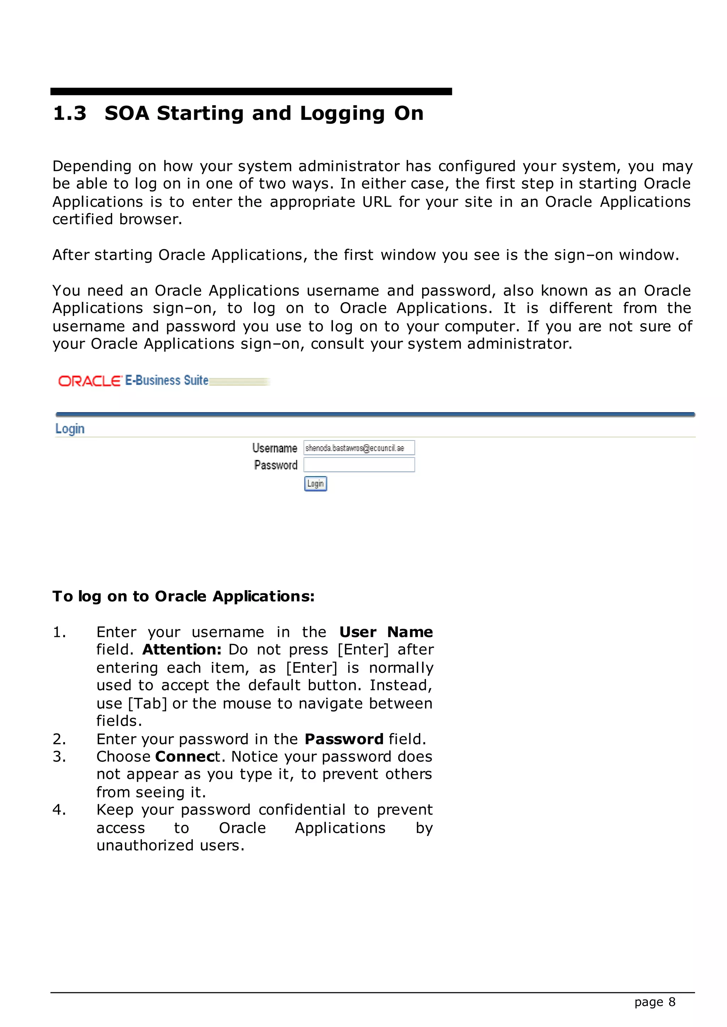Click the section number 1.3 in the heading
[69, 113]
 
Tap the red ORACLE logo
[89, 381]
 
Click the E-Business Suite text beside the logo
[166, 380]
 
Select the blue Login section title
[70, 428]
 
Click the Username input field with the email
[359, 448]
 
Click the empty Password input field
[359, 465]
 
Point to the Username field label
[274, 448]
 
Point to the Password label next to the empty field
[275, 465]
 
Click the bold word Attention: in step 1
[182, 649]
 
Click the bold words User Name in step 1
[386, 632]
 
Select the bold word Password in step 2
[344, 739]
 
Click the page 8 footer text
[655, 1002]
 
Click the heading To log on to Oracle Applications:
[184, 596]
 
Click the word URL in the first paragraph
[377, 202]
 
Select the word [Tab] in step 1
[147, 704]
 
